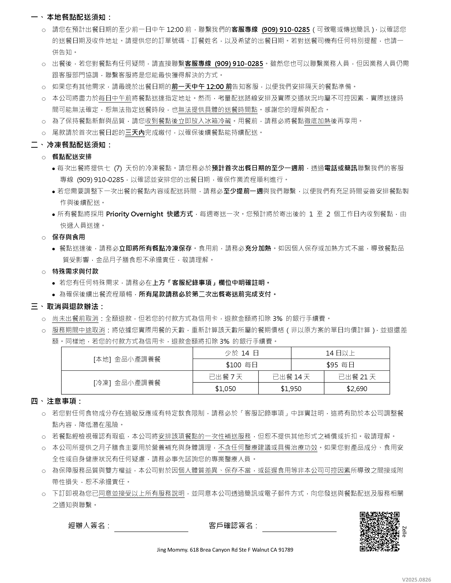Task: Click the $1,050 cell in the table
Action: (x=225, y=389)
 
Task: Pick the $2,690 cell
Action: (x=357, y=389)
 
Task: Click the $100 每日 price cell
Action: (x=242, y=365)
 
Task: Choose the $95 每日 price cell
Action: (x=340, y=365)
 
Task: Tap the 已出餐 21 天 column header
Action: (x=357, y=377)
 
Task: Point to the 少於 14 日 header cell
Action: (x=242, y=353)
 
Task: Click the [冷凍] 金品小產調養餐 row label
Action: (x=127, y=383)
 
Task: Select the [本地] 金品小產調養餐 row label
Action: (x=127, y=359)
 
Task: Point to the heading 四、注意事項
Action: (x=56, y=401)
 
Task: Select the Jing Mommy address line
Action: (x=225, y=550)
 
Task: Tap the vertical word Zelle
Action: (x=404, y=532)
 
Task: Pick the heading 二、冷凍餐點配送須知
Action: (x=71, y=145)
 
